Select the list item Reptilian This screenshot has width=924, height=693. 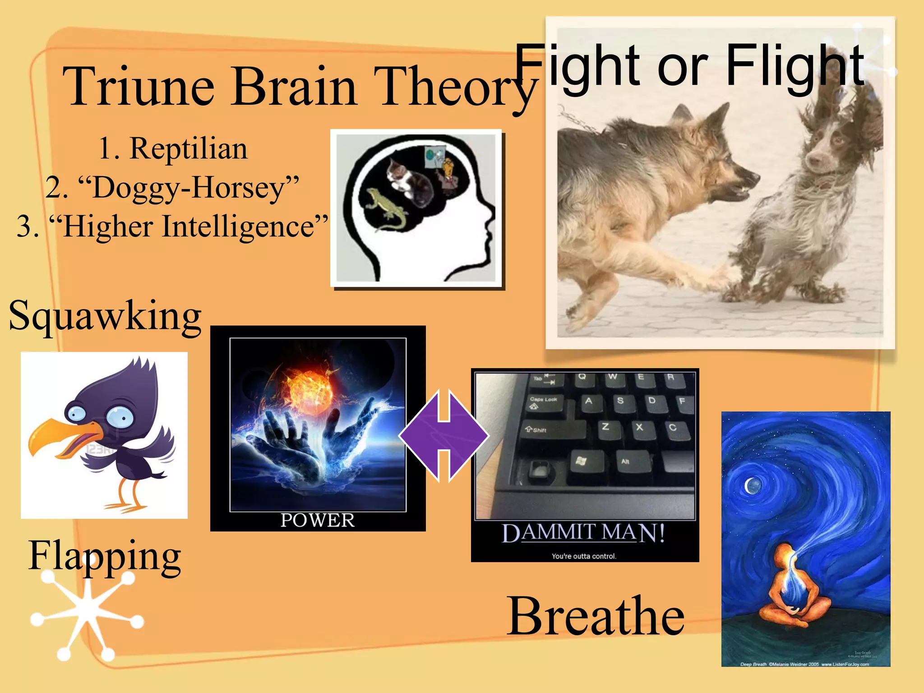[x=188, y=148]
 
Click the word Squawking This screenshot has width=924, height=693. [x=105, y=316]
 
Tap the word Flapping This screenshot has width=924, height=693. [x=105, y=556]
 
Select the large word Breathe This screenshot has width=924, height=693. [x=596, y=616]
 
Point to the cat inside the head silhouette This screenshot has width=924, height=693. [x=408, y=180]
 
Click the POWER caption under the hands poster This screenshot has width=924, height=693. [x=318, y=520]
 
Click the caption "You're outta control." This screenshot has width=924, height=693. [x=584, y=556]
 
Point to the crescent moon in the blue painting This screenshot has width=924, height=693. [x=751, y=486]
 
